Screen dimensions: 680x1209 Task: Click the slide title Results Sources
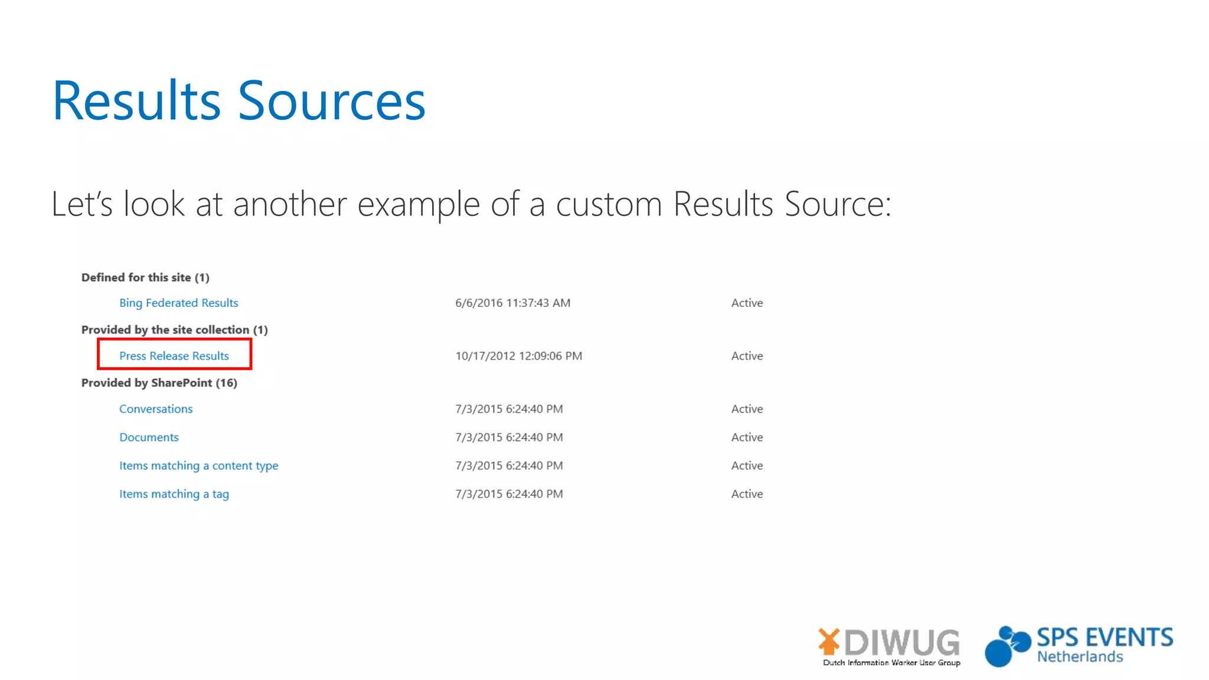point(239,101)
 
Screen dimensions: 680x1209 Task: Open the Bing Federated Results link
point(178,303)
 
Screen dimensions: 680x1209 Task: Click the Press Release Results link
point(174,356)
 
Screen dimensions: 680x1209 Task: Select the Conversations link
point(156,409)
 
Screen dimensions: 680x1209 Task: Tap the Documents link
point(149,437)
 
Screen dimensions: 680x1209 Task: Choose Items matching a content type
point(198,466)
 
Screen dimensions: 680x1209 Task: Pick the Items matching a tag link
point(174,494)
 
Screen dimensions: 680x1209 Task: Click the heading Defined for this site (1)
point(145,277)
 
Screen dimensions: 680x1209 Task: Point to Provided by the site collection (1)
point(174,330)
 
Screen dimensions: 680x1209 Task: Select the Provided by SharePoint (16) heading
point(159,383)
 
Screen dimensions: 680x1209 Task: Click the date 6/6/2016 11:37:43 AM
point(512,303)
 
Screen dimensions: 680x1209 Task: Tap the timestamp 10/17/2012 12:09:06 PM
point(518,356)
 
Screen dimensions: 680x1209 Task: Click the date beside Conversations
point(509,409)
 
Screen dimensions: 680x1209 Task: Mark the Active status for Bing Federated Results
point(747,303)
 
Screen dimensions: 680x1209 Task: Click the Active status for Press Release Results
point(747,356)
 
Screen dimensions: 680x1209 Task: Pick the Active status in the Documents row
point(747,437)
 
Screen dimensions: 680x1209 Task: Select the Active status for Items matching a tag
point(747,494)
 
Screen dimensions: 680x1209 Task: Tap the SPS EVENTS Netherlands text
point(1104,645)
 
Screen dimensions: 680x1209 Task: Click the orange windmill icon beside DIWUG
point(829,642)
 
